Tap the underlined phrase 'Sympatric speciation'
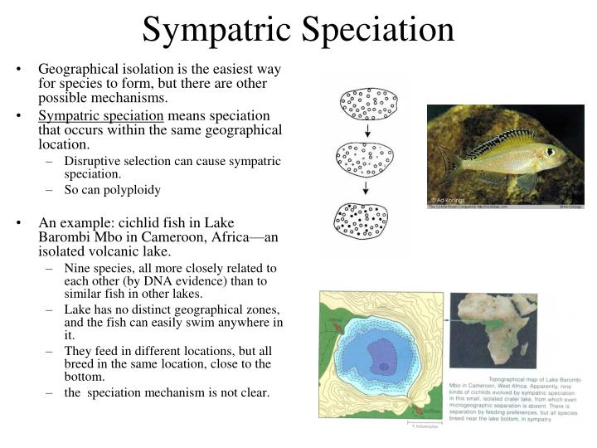point(101,115)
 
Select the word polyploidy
point(131,189)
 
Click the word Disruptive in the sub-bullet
point(94,161)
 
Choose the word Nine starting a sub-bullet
point(78,268)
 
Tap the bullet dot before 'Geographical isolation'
point(17,70)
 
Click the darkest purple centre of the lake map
point(383,366)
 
